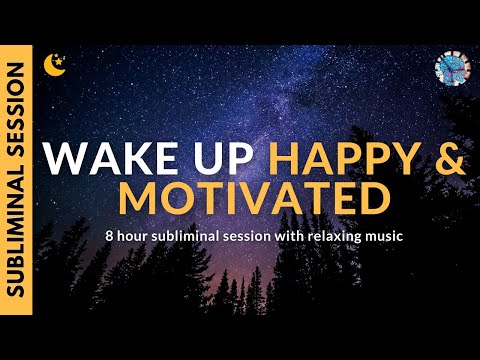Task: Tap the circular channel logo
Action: [452, 69]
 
